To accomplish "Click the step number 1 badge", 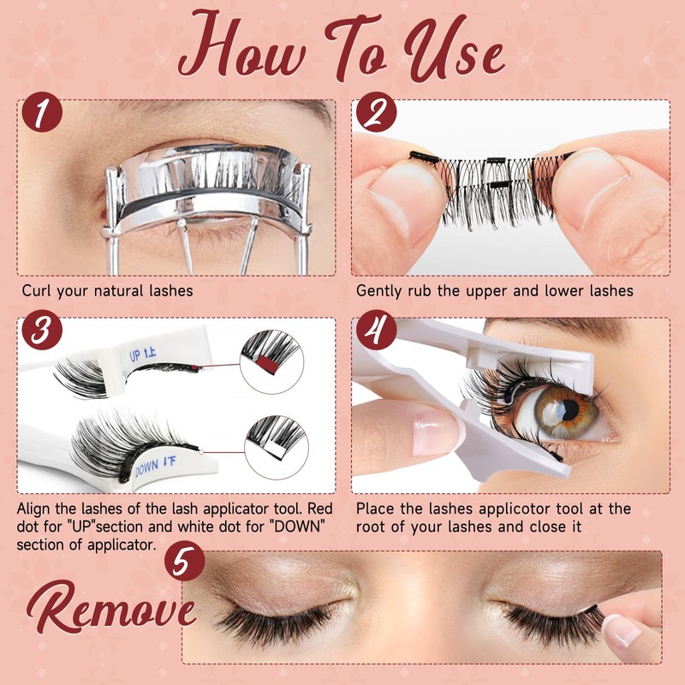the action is click(x=42, y=112).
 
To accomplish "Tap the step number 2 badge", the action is click(x=376, y=112).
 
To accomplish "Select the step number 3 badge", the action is click(x=42, y=330).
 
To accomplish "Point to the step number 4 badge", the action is click(x=376, y=330).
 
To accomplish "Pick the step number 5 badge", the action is click(x=185, y=561).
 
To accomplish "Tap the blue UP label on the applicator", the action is click(x=142, y=354).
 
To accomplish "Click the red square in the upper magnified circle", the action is click(x=268, y=365).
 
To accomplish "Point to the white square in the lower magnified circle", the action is click(x=274, y=448).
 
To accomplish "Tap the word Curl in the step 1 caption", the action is click(x=36, y=290).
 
